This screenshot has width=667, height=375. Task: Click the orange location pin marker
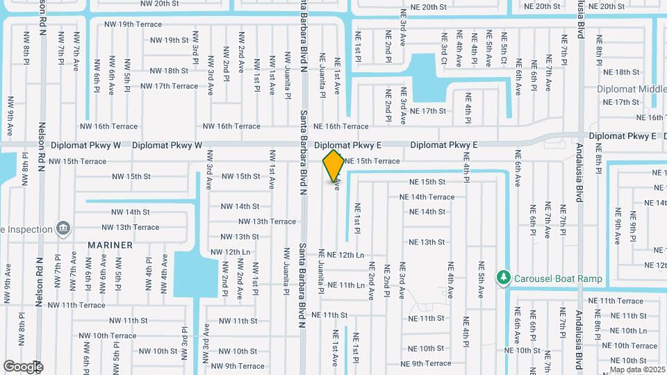[333, 165]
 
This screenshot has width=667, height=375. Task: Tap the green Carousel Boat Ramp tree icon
[504, 278]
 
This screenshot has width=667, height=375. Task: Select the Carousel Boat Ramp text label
[558, 279]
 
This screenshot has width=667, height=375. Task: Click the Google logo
[23, 366]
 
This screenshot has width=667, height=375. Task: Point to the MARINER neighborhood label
[110, 245]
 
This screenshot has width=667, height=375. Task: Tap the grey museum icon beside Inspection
[63, 228]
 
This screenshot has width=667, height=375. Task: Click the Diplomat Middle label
[631, 90]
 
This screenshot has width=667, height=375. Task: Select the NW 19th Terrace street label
[133, 24]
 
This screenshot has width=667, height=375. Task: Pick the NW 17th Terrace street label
[169, 86]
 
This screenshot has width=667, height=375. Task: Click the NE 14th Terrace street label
[427, 197]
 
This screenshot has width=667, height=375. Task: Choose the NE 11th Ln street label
[346, 285]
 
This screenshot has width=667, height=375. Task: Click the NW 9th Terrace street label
[237, 366]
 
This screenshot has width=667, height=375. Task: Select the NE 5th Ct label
[504, 48]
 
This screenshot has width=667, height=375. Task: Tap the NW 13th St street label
[240, 237]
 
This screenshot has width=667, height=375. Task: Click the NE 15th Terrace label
[372, 161]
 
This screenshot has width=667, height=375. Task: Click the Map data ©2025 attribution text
[636, 369]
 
